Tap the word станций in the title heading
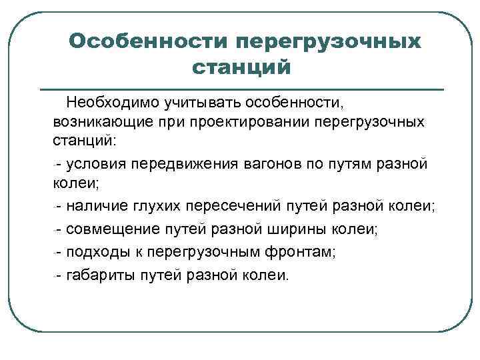[x=242, y=67]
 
